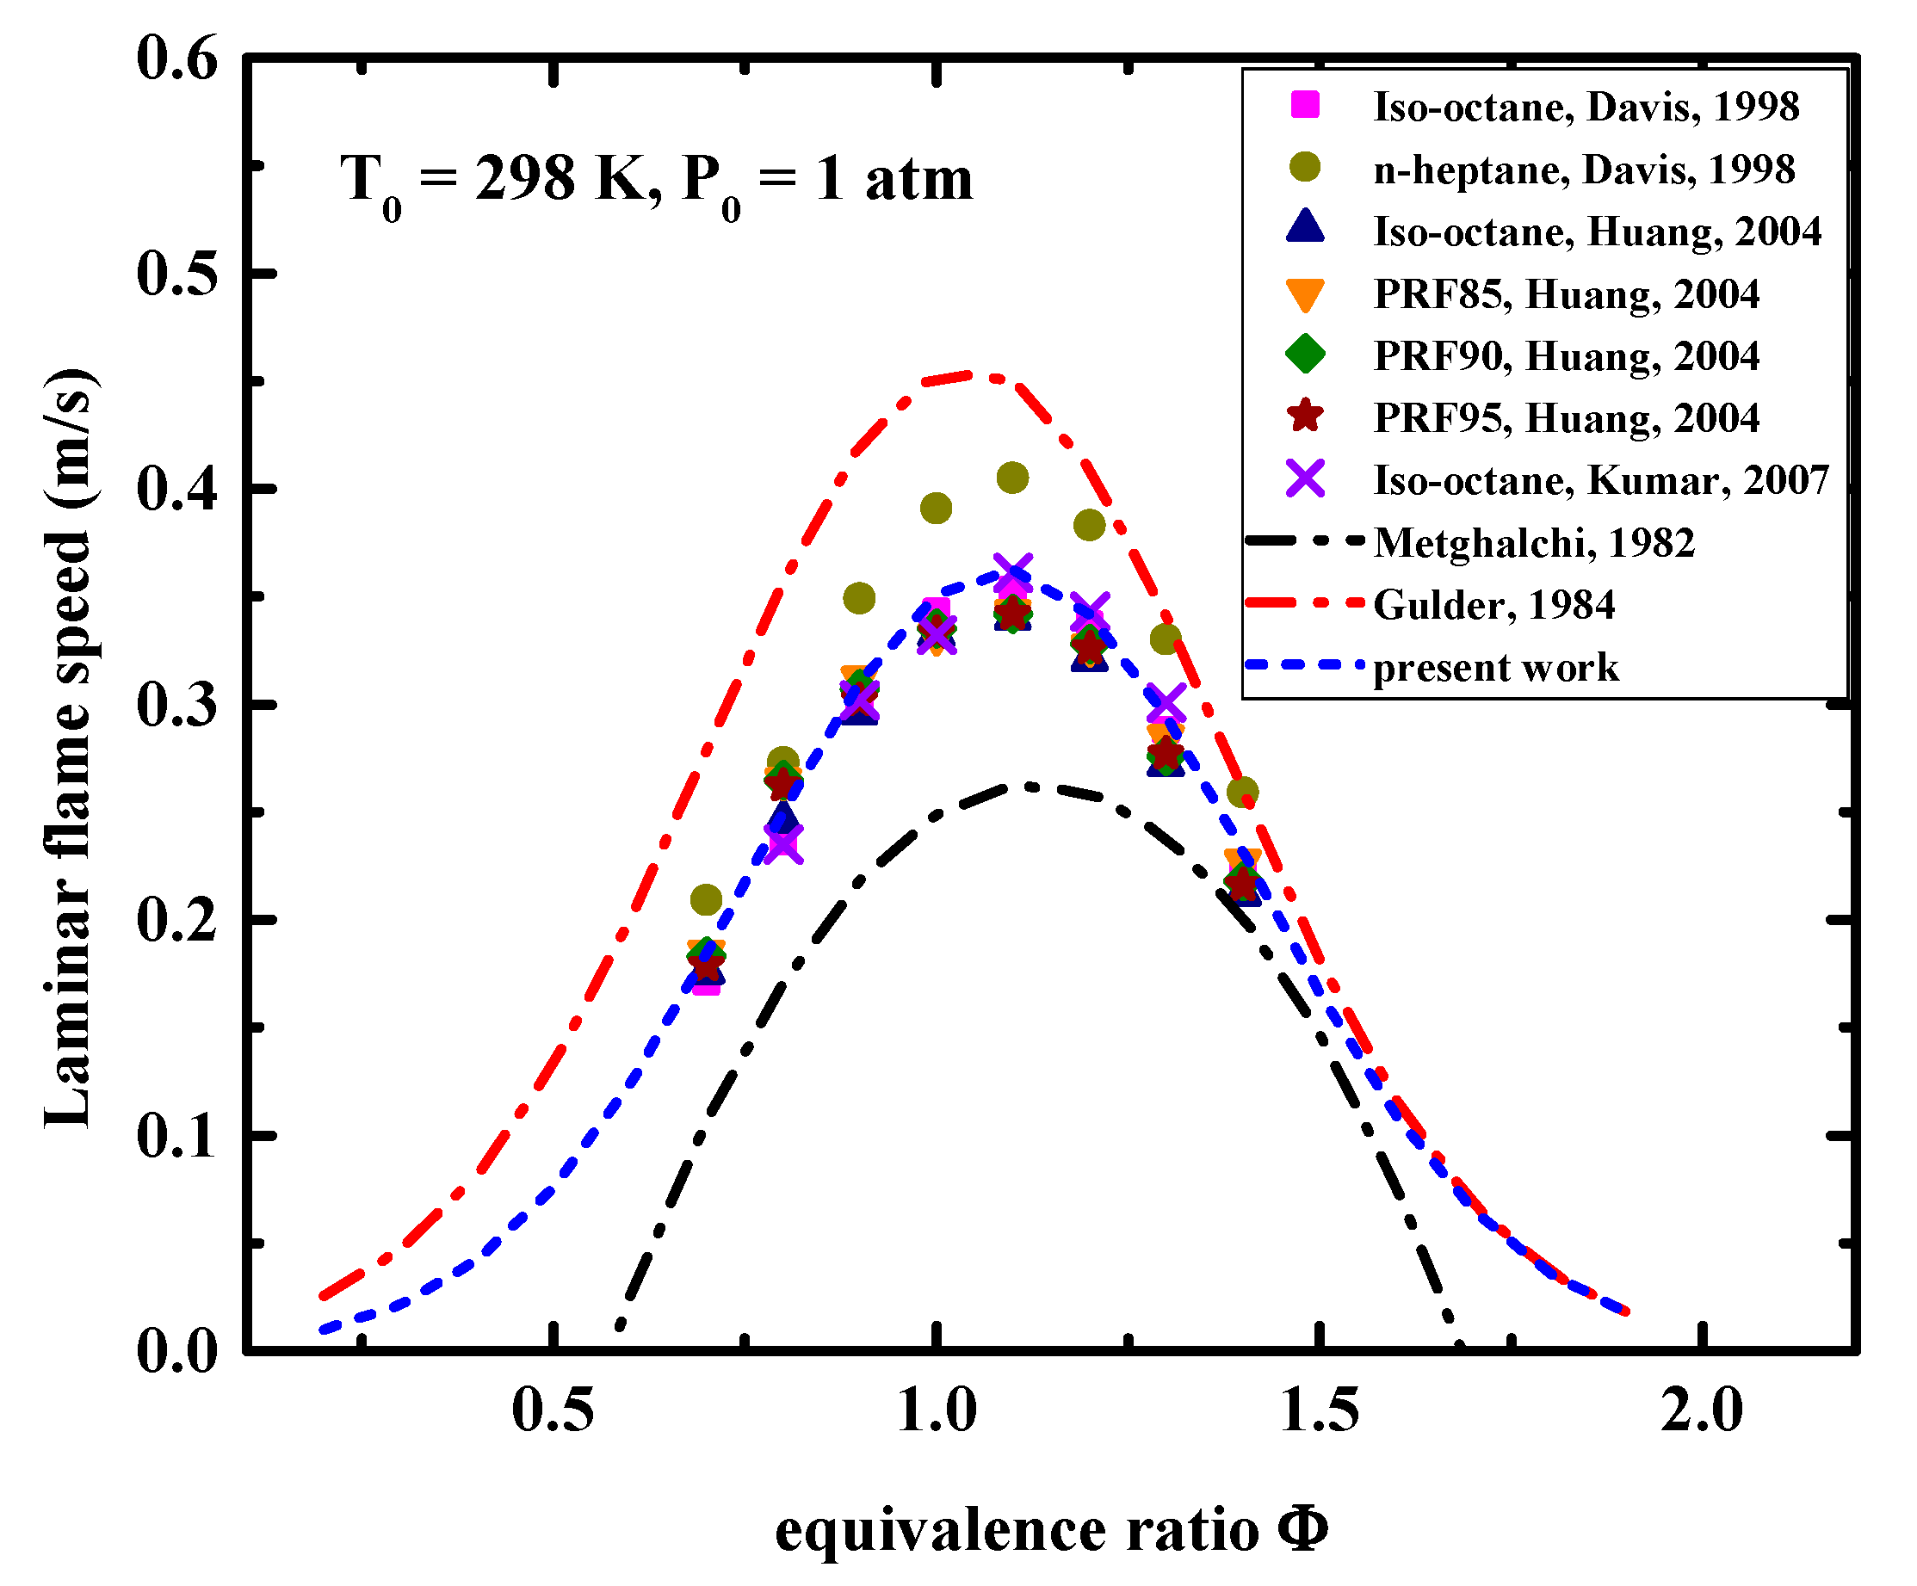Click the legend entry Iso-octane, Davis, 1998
[1586, 107]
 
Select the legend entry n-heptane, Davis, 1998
[1584, 169]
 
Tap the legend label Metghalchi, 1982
[1534, 543]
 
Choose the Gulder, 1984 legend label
[1494, 605]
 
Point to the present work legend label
[1496, 667]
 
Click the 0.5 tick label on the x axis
[553, 1410]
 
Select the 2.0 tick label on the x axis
[1701, 1410]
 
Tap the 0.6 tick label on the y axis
[177, 59]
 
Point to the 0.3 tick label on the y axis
[177, 705]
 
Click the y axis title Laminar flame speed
[70, 749]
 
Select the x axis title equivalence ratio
[1050, 1531]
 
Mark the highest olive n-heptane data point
[1012, 478]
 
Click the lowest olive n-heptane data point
[706, 900]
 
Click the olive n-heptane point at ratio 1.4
[1242, 792]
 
